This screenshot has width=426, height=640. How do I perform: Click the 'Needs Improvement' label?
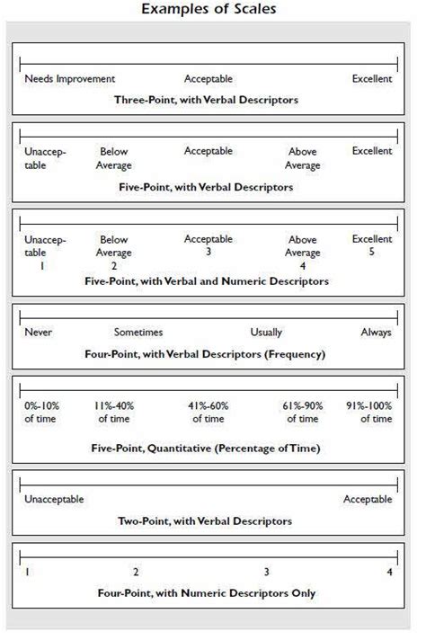click(x=70, y=79)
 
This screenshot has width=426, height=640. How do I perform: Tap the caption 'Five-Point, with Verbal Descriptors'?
click(x=207, y=188)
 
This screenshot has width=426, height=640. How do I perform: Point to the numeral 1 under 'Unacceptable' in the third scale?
click(x=41, y=267)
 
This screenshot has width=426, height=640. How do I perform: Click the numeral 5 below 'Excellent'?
click(x=372, y=253)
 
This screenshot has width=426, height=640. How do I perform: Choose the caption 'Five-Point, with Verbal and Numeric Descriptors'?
click(x=208, y=281)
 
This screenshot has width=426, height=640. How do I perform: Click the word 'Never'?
click(x=39, y=333)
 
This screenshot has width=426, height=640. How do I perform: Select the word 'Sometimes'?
click(x=138, y=333)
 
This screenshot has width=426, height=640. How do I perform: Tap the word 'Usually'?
click(x=269, y=333)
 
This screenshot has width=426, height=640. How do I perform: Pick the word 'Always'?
click(x=376, y=333)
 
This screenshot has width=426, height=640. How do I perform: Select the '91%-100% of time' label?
click(x=368, y=412)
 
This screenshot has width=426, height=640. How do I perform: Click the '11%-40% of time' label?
click(x=114, y=412)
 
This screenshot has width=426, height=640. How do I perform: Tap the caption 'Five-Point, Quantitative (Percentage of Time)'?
click(x=207, y=448)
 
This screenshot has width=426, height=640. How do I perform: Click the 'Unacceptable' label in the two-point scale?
click(x=54, y=500)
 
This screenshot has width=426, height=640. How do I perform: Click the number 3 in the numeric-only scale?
click(x=266, y=572)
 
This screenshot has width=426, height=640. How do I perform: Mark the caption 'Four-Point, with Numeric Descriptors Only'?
click(x=207, y=593)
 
